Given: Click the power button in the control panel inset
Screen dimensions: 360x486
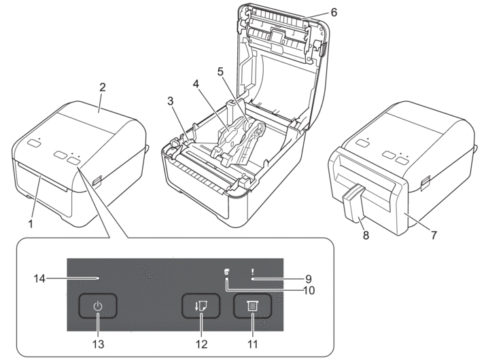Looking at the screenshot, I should click(x=98, y=307).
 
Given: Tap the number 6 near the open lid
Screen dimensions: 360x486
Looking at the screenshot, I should click(x=333, y=12).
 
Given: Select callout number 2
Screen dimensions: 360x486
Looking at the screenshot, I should click(x=102, y=88).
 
